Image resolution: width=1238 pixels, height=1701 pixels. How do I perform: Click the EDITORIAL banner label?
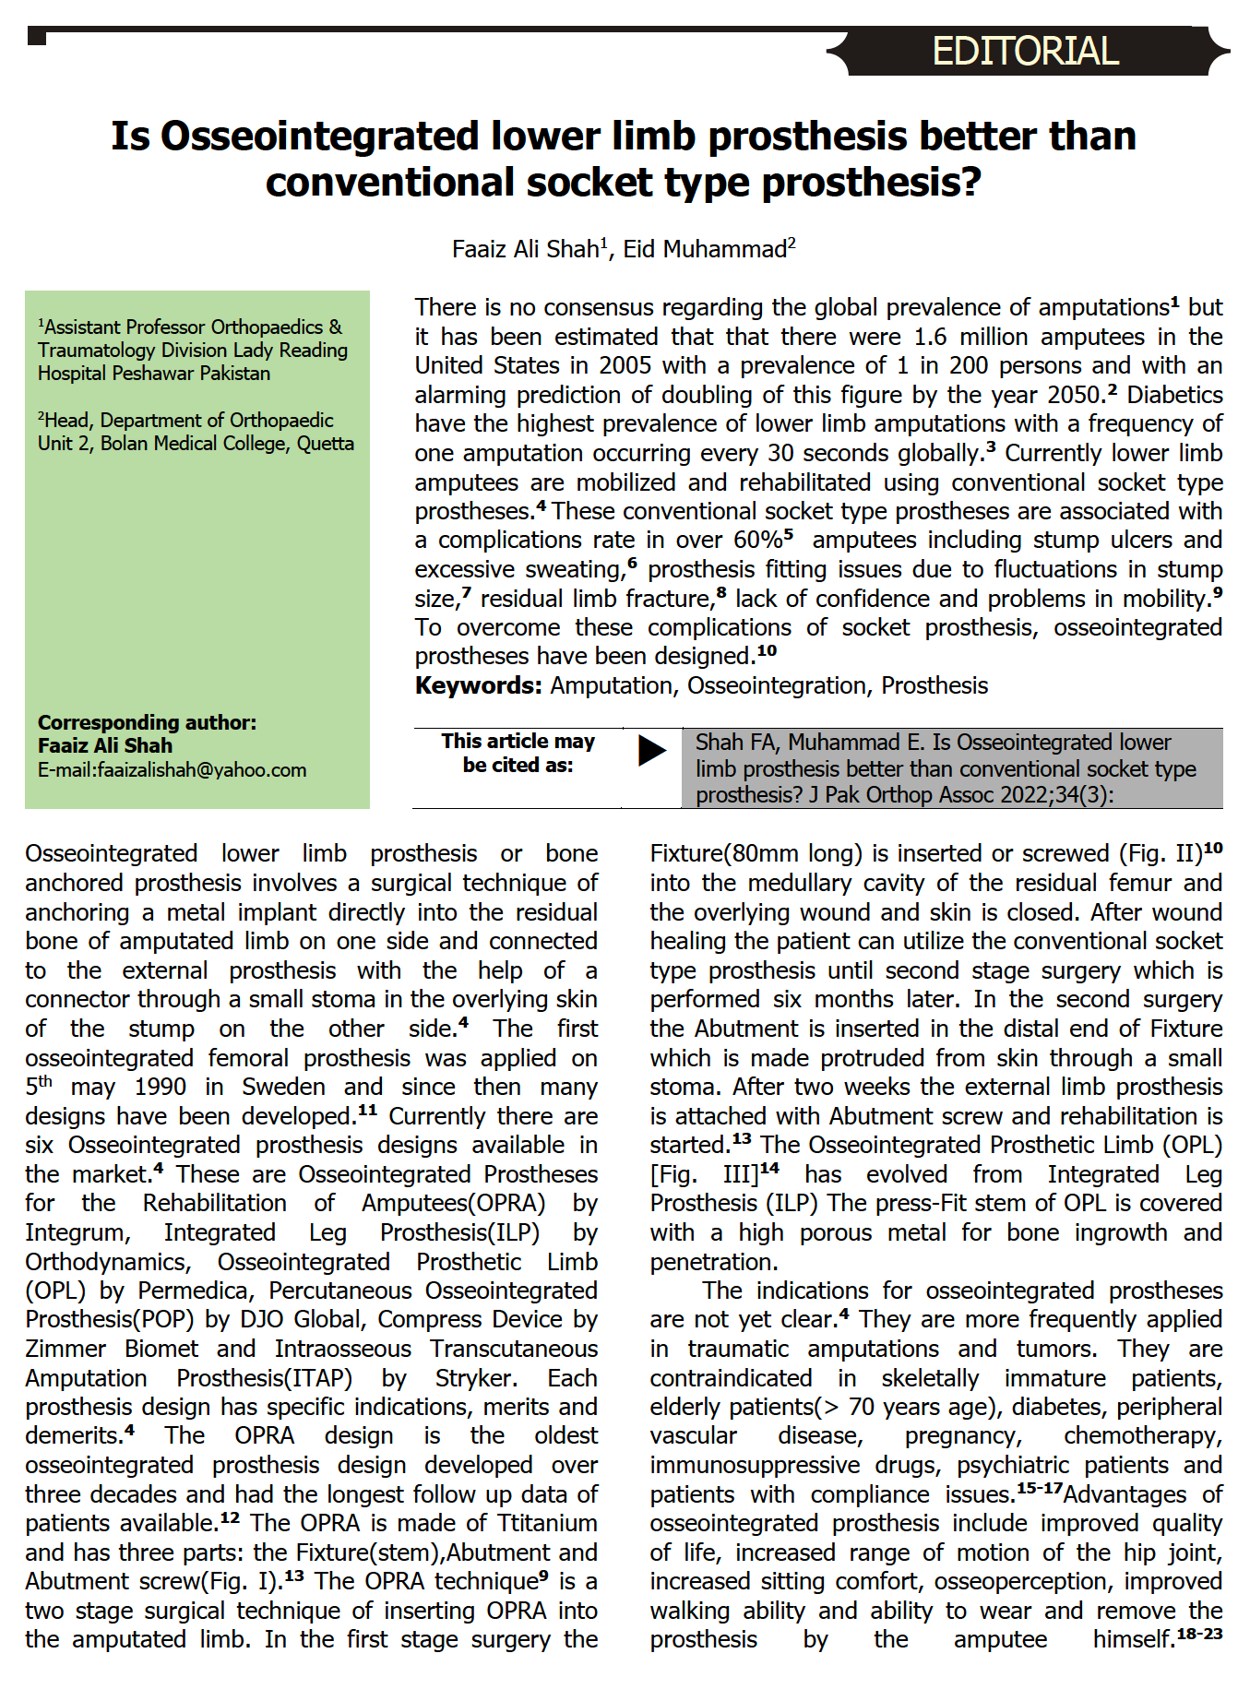tap(1025, 51)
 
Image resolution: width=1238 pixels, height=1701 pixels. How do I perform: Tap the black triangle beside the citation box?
tap(651, 750)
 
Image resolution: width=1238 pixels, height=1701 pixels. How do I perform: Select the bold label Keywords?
tap(478, 685)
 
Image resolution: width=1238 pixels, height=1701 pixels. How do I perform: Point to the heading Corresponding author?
tap(148, 722)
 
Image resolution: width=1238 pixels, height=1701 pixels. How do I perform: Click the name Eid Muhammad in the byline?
tap(705, 249)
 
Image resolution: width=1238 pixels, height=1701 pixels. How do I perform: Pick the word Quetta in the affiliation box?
tap(325, 444)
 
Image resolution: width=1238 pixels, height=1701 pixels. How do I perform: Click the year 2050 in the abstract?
tap(1074, 395)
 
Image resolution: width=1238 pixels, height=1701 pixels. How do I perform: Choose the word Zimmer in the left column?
tap(65, 1349)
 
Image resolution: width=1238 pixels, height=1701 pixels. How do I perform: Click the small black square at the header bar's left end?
tap(37, 37)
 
